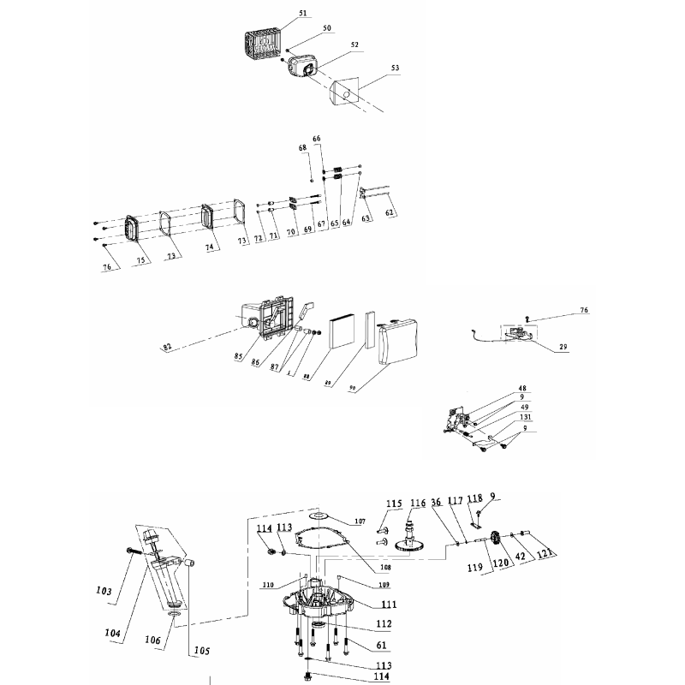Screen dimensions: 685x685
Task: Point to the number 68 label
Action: [x=302, y=148]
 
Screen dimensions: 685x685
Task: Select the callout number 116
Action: [x=418, y=503]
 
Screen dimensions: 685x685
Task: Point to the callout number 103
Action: [x=105, y=591]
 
